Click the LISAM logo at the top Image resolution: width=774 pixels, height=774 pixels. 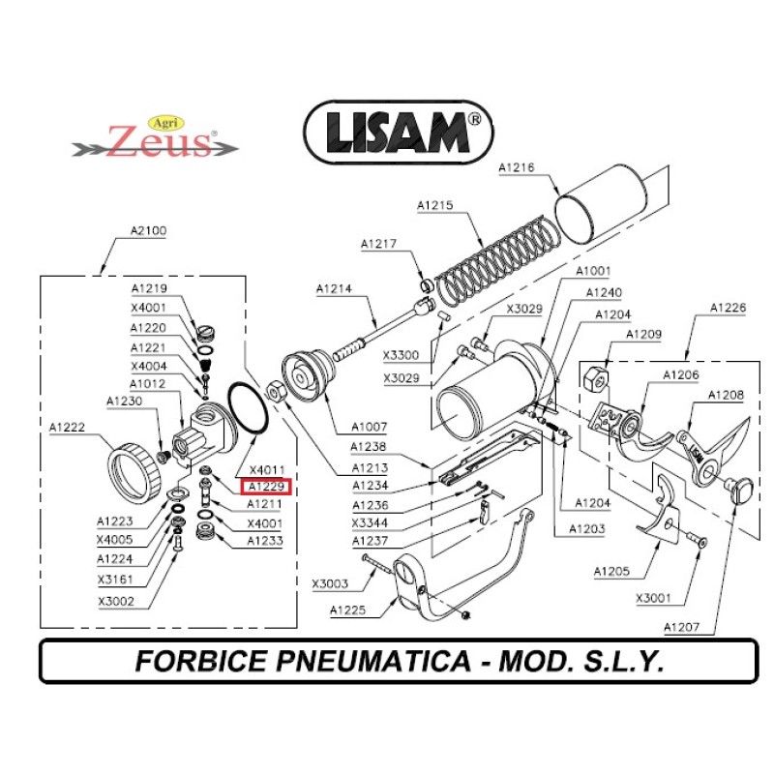pyautogui.click(x=398, y=133)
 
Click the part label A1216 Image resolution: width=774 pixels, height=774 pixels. pyautogui.click(x=517, y=167)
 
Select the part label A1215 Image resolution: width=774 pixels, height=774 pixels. pyautogui.click(x=434, y=205)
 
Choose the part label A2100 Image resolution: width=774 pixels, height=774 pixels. pyautogui.click(x=148, y=231)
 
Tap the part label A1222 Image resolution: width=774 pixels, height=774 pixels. pyautogui.click(x=68, y=427)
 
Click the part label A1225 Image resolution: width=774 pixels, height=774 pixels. pyautogui.click(x=347, y=610)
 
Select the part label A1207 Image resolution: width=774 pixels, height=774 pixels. pyautogui.click(x=681, y=628)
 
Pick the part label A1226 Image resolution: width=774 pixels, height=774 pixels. pyautogui.click(x=728, y=308)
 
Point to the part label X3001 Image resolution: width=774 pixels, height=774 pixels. pyautogui.click(x=653, y=598)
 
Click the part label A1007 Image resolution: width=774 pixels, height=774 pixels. pyautogui.click(x=370, y=426)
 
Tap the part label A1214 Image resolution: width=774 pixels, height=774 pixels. pyautogui.click(x=333, y=288)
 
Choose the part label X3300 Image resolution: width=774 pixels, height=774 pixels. pyautogui.click(x=400, y=355)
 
